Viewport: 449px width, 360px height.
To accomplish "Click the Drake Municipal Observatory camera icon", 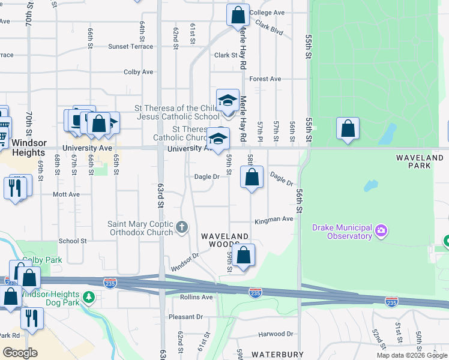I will (380, 230).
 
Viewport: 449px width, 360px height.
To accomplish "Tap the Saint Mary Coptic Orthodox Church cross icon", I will (182, 228).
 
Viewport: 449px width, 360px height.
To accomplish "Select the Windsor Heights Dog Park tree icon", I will (88, 296).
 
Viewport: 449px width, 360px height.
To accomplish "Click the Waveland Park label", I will (418, 157).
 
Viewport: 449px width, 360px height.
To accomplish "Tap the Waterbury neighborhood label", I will (277, 355).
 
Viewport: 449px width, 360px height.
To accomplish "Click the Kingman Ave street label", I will (273, 220).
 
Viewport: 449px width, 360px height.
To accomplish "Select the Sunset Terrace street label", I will (130, 46).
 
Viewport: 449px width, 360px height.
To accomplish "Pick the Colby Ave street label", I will (138, 72).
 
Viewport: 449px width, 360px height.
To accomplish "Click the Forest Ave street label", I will (265, 79).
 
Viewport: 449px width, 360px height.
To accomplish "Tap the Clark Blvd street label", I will (268, 27).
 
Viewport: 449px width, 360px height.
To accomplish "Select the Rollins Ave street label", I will (197, 297).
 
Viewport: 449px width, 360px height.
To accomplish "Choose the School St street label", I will (73, 241).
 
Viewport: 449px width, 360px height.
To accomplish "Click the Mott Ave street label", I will (66, 194).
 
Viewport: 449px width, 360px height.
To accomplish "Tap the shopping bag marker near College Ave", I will (238, 14).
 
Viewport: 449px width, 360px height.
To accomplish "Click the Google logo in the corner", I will (20, 353).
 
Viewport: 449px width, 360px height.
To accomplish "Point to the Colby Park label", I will (34, 260).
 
